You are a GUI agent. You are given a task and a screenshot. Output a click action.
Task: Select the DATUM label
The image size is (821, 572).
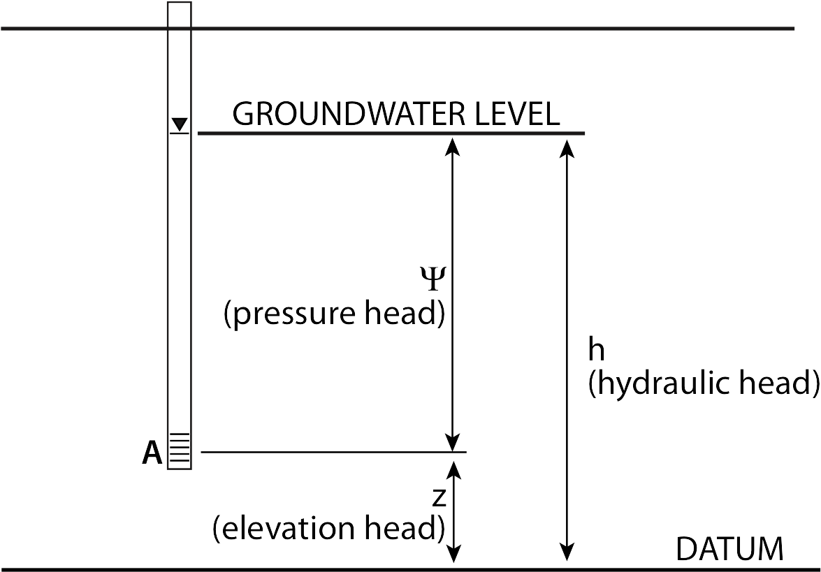pyautogui.click(x=729, y=550)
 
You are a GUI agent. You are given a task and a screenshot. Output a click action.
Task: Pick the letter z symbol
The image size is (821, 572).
pyautogui.click(x=439, y=498)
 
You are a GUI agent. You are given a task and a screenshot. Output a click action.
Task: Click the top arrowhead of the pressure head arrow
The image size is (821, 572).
pyautogui.click(x=453, y=145)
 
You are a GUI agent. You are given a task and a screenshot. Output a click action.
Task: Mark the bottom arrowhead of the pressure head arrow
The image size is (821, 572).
pyautogui.click(x=453, y=443)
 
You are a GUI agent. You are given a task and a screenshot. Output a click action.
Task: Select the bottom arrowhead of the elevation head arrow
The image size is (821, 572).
pyautogui.click(x=454, y=553)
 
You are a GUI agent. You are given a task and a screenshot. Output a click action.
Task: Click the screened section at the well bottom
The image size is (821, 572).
pyautogui.click(x=180, y=451)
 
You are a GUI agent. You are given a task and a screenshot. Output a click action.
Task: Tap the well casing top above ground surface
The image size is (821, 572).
pyautogui.click(x=180, y=14)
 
